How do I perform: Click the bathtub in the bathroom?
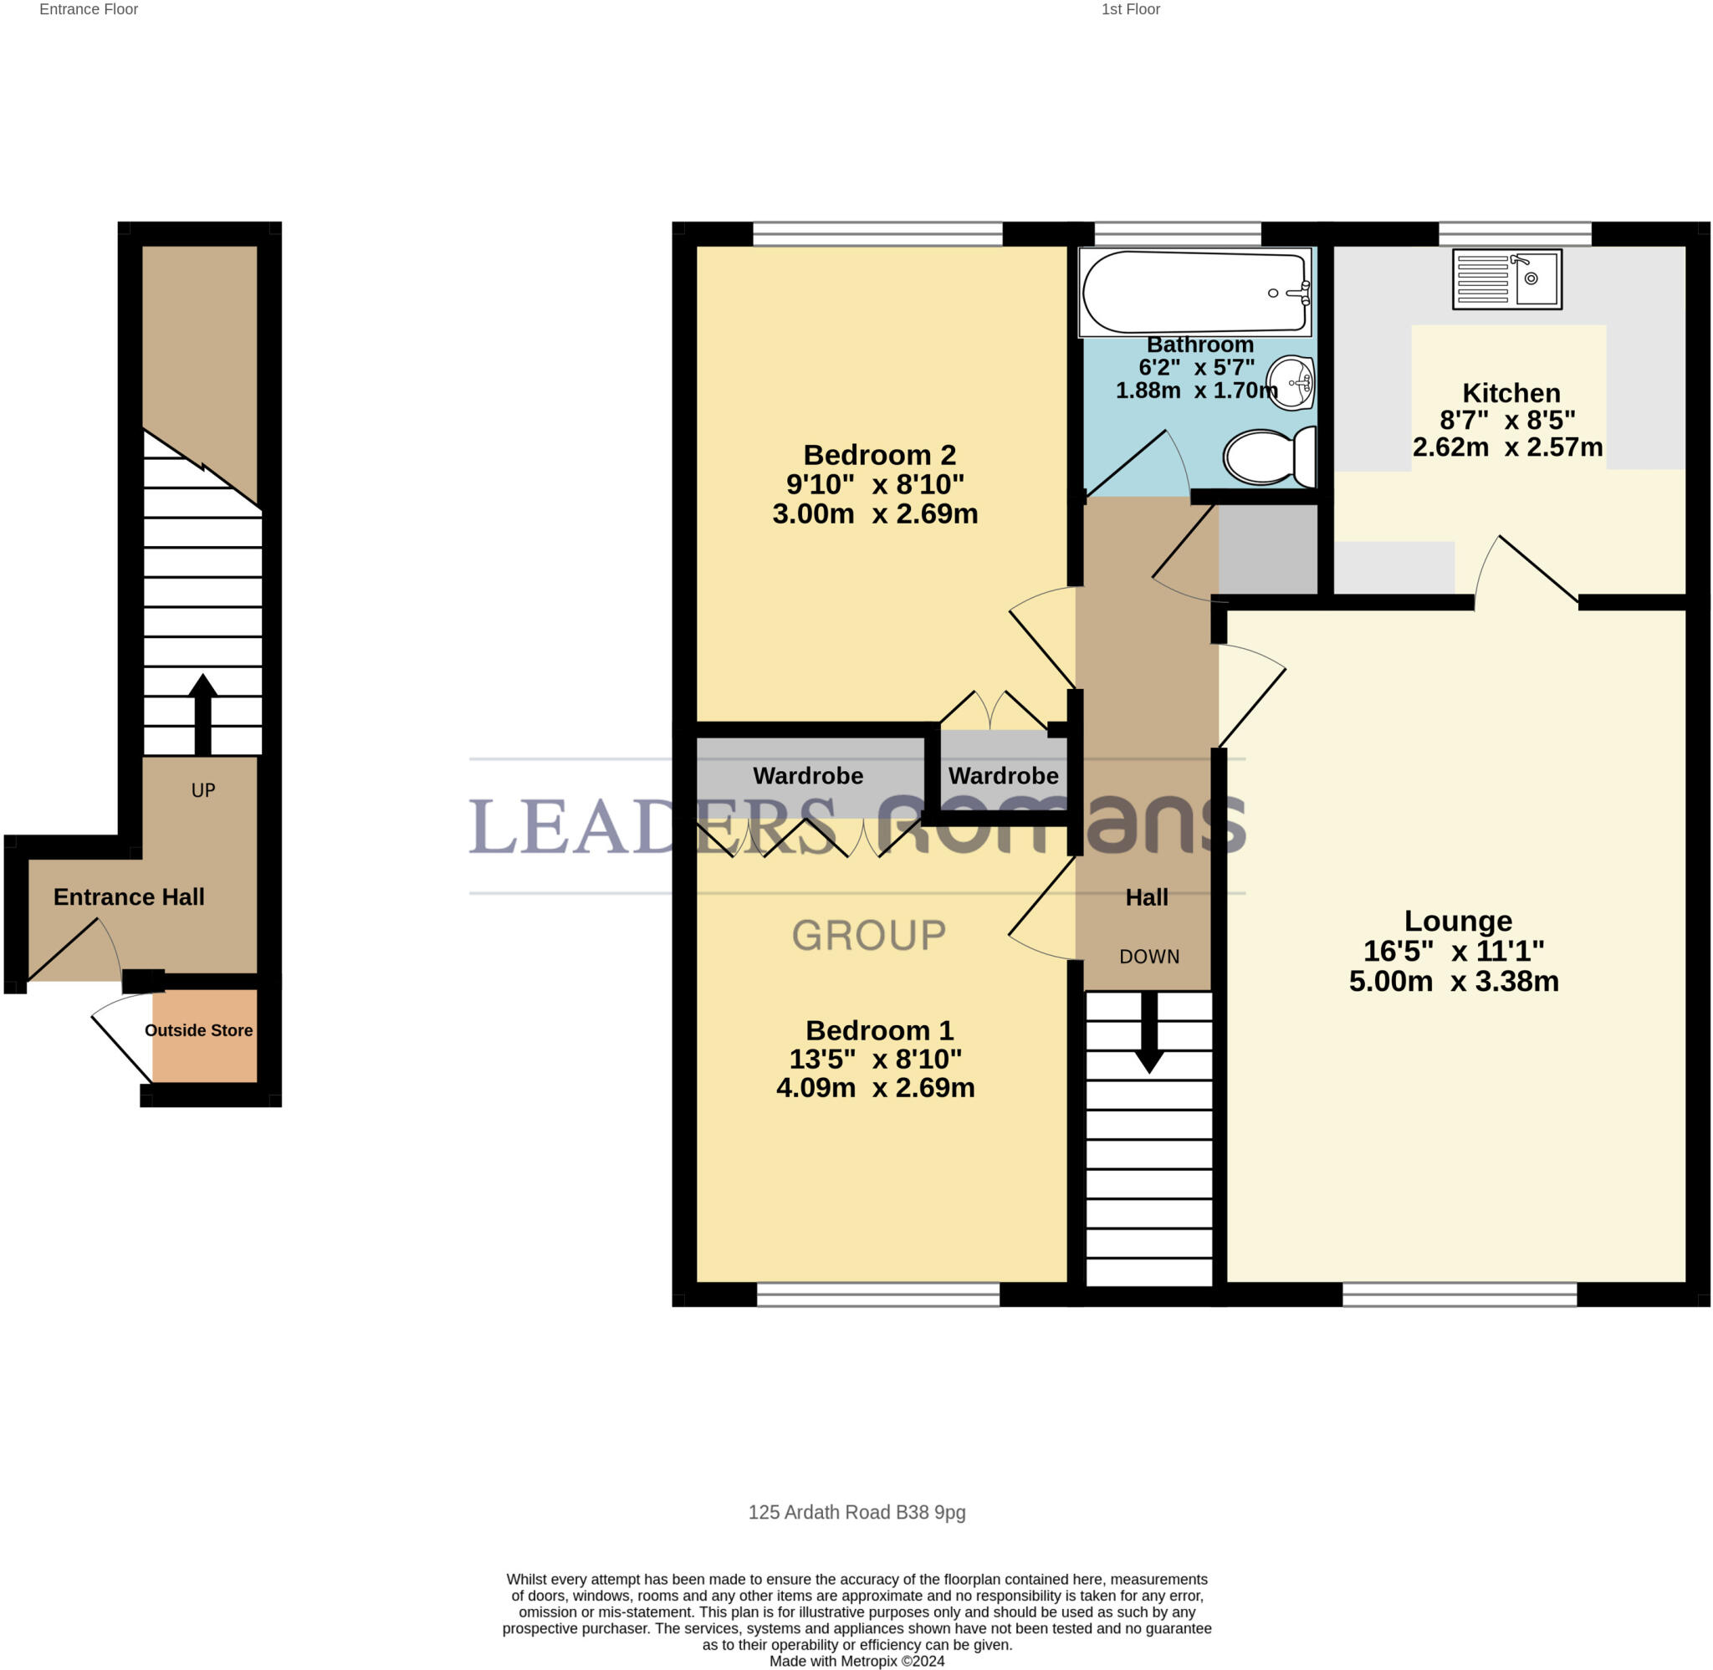[1194, 292]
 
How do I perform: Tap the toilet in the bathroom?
[1268, 456]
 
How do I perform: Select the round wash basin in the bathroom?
[1291, 382]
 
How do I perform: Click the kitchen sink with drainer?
[1506, 279]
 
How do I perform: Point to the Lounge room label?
[1457, 920]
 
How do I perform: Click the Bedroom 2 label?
[879, 454]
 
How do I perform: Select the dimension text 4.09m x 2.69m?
[874, 1088]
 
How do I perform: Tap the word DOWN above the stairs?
[1148, 956]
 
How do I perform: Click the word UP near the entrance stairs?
[202, 790]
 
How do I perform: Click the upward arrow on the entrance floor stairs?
[202, 712]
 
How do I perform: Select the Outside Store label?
[198, 1029]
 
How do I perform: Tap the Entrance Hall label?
[129, 896]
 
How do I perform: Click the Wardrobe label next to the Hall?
[1003, 775]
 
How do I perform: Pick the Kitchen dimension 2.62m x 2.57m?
[1507, 447]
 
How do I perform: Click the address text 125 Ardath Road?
[856, 1511]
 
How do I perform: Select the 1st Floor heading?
[1130, 10]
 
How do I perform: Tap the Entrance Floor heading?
[89, 10]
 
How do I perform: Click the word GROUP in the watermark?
[868, 935]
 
